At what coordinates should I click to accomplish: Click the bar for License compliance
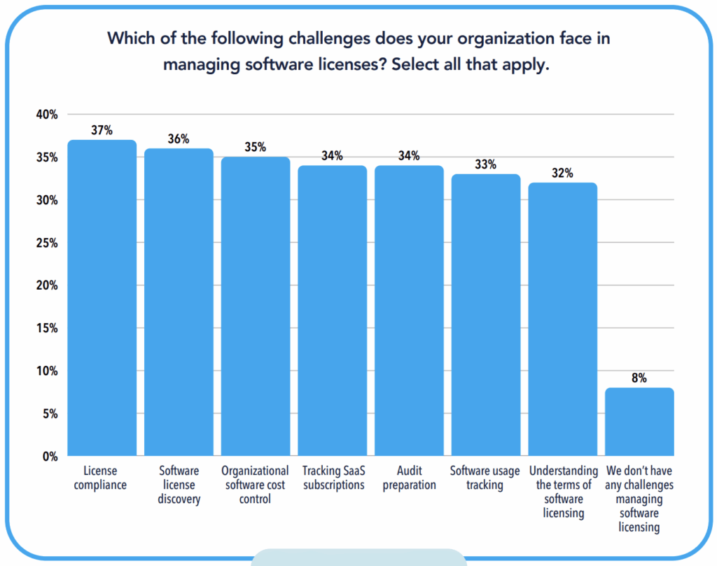point(102,298)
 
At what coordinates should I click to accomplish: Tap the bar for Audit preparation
point(409,311)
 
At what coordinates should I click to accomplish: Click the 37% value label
point(102,130)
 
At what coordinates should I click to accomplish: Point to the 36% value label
point(179,139)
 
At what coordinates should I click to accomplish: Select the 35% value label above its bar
point(256,147)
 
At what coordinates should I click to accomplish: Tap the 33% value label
point(485,164)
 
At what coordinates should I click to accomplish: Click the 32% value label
point(562,173)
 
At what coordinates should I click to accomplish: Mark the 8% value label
point(639,378)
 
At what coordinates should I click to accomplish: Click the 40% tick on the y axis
point(47,115)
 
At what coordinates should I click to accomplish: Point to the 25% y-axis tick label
point(47,243)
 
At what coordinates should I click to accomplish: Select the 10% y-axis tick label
point(47,371)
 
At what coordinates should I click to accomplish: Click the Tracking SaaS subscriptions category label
point(333,478)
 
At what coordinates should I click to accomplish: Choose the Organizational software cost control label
point(255,485)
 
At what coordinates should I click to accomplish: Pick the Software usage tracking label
point(485,478)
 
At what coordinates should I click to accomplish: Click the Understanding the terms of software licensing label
point(564,492)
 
